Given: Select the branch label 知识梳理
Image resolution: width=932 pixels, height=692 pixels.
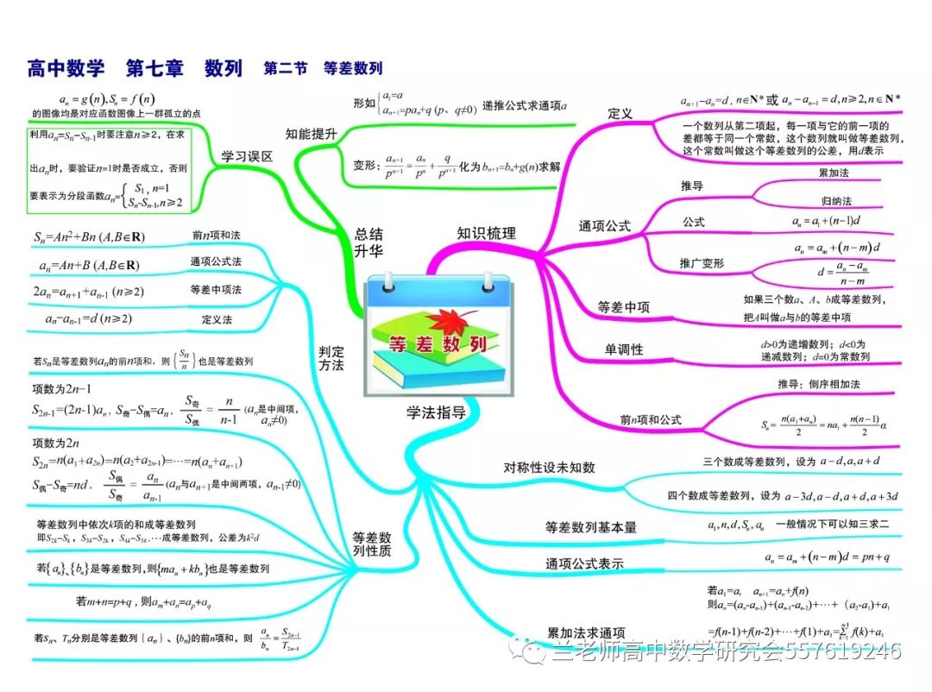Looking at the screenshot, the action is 487,233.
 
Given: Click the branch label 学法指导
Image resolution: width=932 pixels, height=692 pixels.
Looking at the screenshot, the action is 436,412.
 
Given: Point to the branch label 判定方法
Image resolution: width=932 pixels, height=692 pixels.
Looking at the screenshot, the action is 331,358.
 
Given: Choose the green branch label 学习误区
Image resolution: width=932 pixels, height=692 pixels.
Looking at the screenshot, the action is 247,156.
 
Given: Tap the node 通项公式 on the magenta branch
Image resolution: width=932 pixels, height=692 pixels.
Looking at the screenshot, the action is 604,226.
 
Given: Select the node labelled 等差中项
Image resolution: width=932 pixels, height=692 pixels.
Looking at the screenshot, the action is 624,307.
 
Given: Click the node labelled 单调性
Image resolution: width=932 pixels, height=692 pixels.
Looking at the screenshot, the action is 623,349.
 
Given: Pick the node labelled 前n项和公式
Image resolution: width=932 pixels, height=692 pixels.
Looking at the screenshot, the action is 651,420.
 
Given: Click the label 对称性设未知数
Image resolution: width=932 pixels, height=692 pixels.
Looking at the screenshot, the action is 550,468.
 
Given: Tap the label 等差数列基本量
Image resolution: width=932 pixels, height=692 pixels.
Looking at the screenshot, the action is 590,526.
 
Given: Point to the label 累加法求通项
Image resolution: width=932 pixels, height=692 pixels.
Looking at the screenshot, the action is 587,632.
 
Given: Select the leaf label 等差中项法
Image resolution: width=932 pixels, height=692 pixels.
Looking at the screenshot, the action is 216,290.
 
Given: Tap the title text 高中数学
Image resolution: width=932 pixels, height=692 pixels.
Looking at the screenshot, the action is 66,67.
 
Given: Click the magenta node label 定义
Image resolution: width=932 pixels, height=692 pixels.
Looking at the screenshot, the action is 620,114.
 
